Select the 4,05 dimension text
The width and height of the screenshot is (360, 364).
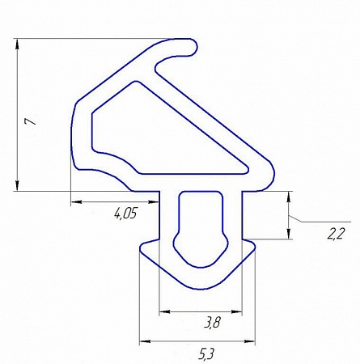[x=126, y=214]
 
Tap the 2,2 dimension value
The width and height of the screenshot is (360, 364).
[x=336, y=234]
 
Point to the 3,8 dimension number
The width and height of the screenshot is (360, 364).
[x=212, y=322]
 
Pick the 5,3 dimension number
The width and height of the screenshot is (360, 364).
[x=206, y=354]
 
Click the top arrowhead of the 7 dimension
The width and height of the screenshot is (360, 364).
[x=18, y=44]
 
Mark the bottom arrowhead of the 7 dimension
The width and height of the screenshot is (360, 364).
[x=18, y=186]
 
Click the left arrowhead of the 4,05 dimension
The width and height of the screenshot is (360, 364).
[x=76, y=201]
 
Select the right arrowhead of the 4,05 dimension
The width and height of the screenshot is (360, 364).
[x=155, y=201]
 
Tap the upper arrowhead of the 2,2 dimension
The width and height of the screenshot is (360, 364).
[x=289, y=197]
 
